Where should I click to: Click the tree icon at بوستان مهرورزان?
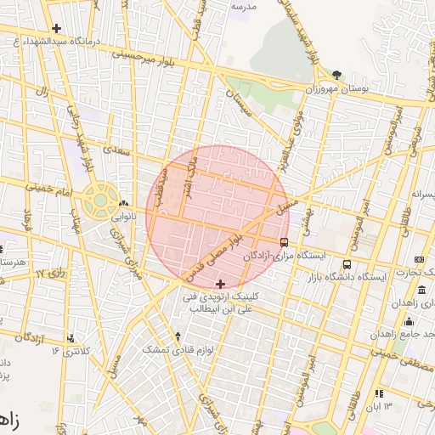coord(337,76)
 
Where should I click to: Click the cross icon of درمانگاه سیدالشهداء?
coord(56,28)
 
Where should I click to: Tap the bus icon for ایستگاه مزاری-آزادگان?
coord(284,241)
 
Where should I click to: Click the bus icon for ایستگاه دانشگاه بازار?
coord(347,263)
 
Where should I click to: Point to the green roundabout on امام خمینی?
coord(101,201)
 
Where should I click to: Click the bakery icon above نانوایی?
coord(125,204)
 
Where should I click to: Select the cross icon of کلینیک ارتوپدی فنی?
coord(221,284)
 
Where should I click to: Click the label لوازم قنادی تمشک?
coord(178,349)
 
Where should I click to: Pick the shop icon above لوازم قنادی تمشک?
coord(178,336)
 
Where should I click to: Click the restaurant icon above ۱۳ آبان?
coord(377,393)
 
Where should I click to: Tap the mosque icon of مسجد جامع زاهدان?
coord(409,321)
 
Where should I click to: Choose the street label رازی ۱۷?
coord(52,274)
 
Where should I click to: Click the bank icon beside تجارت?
coord(418,259)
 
